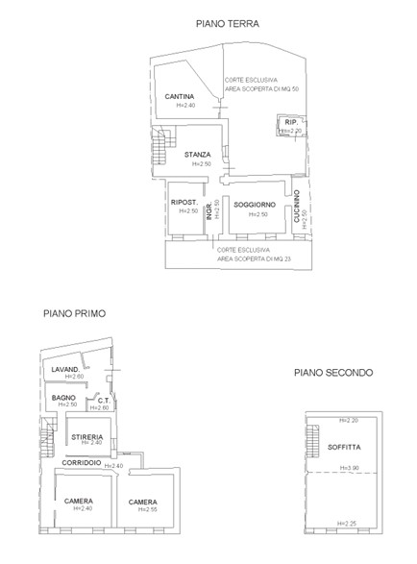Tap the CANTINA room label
(x=180, y=96)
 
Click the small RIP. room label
(x=292, y=123)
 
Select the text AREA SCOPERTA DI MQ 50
(x=262, y=88)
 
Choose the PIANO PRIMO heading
(x=74, y=313)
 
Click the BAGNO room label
(x=64, y=397)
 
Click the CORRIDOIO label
(x=83, y=463)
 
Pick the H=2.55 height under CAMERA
(x=142, y=509)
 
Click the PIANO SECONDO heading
(x=333, y=373)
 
